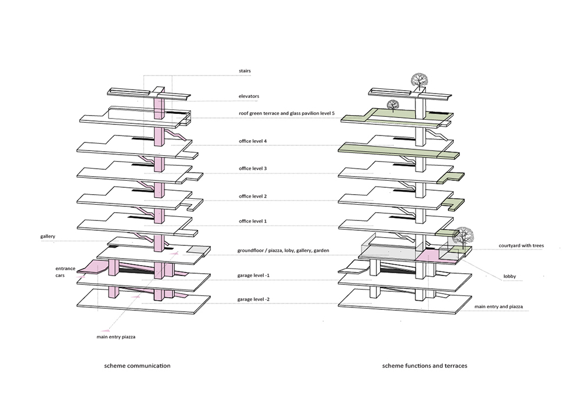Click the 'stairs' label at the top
tap(244, 71)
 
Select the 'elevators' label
tap(248, 96)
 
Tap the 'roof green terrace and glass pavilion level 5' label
tap(286, 113)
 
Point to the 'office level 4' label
tap(253, 141)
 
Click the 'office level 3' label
tap(253, 169)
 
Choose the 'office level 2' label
tap(253, 196)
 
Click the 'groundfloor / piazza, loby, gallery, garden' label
tap(283, 251)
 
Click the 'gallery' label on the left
tap(48, 237)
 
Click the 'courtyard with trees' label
tap(521, 246)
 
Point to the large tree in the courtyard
tap(463, 236)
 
